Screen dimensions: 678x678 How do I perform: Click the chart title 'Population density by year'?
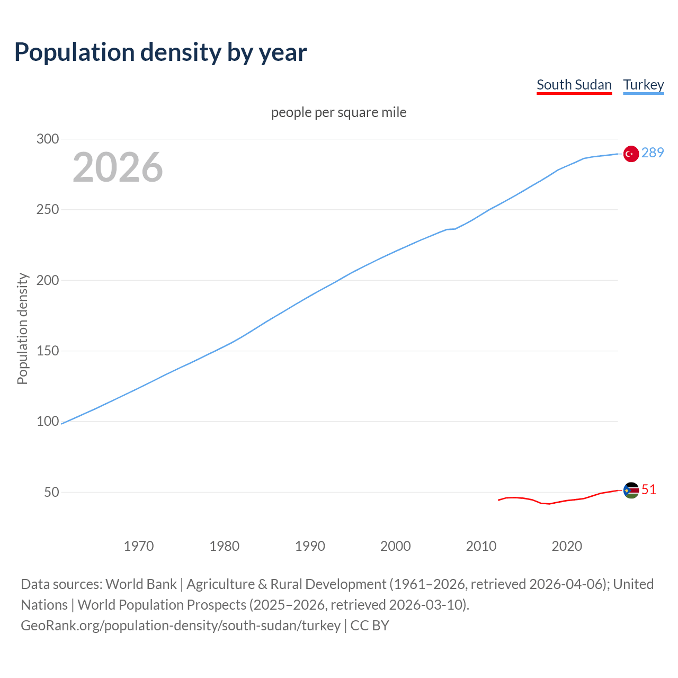point(160,52)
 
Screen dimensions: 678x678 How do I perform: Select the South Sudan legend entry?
point(574,85)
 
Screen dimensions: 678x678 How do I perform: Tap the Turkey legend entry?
point(643,85)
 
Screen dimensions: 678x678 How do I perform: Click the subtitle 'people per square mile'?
point(339,112)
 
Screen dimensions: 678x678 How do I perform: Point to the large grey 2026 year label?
point(118,167)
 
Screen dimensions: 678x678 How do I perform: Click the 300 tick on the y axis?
point(48,139)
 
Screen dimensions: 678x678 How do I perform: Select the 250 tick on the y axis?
point(48,210)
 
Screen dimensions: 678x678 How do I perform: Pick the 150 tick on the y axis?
point(48,351)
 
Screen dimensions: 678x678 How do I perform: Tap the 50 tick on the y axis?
point(51,492)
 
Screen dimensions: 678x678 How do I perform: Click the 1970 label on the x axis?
point(139,546)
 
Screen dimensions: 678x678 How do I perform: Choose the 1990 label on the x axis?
point(310,546)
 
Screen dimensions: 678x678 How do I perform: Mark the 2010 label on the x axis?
point(481,546)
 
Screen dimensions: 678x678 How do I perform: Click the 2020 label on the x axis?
point(567,546)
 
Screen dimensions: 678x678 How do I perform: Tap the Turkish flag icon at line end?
point(631,154)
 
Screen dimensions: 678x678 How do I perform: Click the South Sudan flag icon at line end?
point(631,490)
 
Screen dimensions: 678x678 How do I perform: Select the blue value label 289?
point(653,153)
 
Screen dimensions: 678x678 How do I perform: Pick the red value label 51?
point(649,489)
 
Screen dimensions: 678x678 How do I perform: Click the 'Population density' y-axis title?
point(22,328)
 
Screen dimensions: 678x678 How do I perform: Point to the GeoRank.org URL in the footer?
point(181,625)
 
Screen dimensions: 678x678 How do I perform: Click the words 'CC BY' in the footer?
point(370,625)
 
